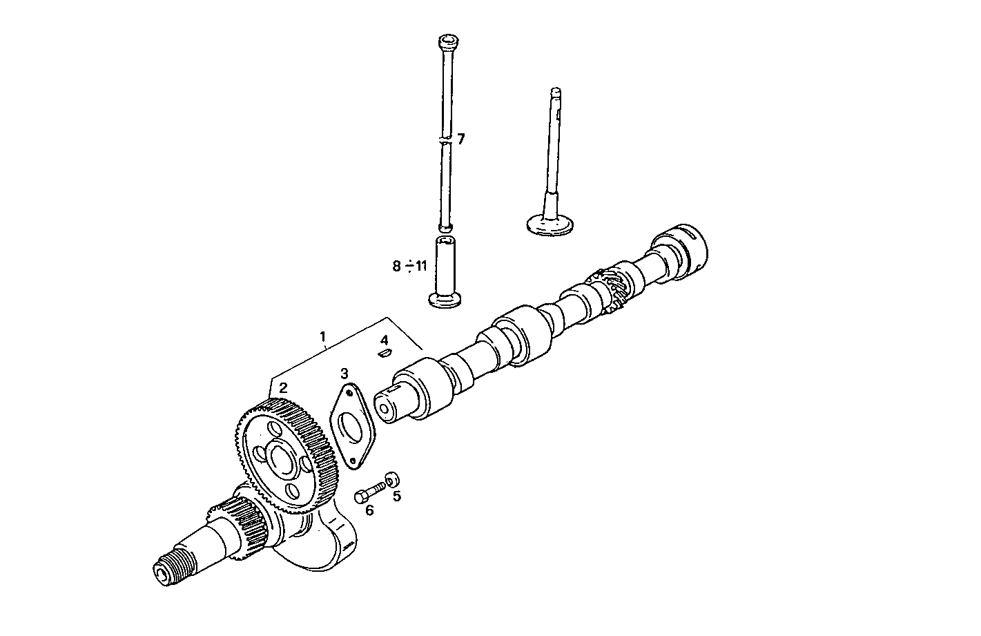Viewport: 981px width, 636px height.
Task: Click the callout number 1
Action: (322, 337)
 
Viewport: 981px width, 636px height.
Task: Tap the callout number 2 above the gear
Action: (283, 388)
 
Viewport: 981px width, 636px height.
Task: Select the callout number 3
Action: (344, 374)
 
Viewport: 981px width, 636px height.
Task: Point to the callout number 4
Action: (385, 340)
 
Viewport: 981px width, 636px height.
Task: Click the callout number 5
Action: (396, 495)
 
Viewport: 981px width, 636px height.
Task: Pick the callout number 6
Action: (369, 510)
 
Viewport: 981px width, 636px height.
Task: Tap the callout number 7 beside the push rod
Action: (460, 139)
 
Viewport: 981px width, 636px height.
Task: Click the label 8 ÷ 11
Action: (410, 266)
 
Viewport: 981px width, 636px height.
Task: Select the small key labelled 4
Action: (385, 354)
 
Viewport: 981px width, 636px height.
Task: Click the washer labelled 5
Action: (392, 478)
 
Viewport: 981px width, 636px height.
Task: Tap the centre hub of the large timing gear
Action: (281, 459)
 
